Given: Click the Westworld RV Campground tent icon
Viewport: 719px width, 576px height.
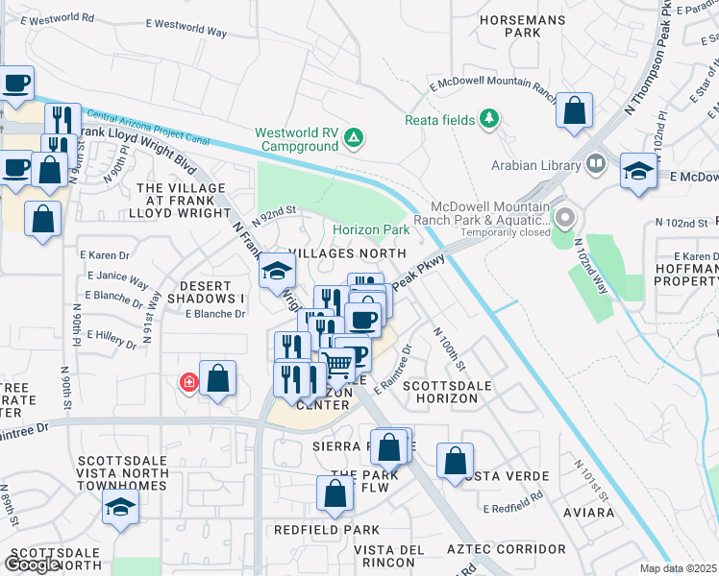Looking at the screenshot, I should pyautogui.click(x=354, y=139).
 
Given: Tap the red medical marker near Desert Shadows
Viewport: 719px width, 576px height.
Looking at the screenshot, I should pyautogui.click(x=189, y=383).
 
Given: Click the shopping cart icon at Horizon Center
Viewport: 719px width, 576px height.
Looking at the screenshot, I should pyautogui.click(x=336, y=365).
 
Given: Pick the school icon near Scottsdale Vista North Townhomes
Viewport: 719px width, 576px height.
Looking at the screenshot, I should pyautogui.click(x=120, y=508).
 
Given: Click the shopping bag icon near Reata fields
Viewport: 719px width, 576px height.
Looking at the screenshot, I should pyautogui.click(x=574, y=110).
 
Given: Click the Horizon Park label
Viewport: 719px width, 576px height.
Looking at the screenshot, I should pyautogui.click(x=371, y=230).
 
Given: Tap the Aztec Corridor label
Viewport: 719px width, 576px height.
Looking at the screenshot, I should pyautogui.click(x=507, y=549).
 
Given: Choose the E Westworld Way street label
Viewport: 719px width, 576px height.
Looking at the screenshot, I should pyautogui.click(x=186, y=33).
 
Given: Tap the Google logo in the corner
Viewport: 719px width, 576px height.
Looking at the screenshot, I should pyautogui.click(x=31, y=564).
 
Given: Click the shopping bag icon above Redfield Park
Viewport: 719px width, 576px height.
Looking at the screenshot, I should pyautogui.click(x=335, y=493).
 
